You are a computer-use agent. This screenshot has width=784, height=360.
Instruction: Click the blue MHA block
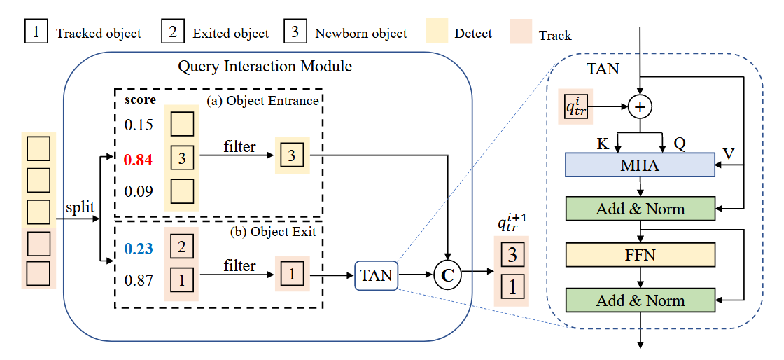click(x=640, y=165)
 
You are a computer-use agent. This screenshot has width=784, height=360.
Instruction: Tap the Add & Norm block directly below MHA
click(x=640, y=209)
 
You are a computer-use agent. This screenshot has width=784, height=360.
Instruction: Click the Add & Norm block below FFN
click(x=640, y=300)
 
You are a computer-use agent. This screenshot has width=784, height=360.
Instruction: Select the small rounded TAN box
click(x=376, y=275)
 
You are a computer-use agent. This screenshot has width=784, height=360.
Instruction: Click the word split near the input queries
click(x=80, y=207)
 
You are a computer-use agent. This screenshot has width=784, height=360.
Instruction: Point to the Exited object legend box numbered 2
click(x=172, y=32)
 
